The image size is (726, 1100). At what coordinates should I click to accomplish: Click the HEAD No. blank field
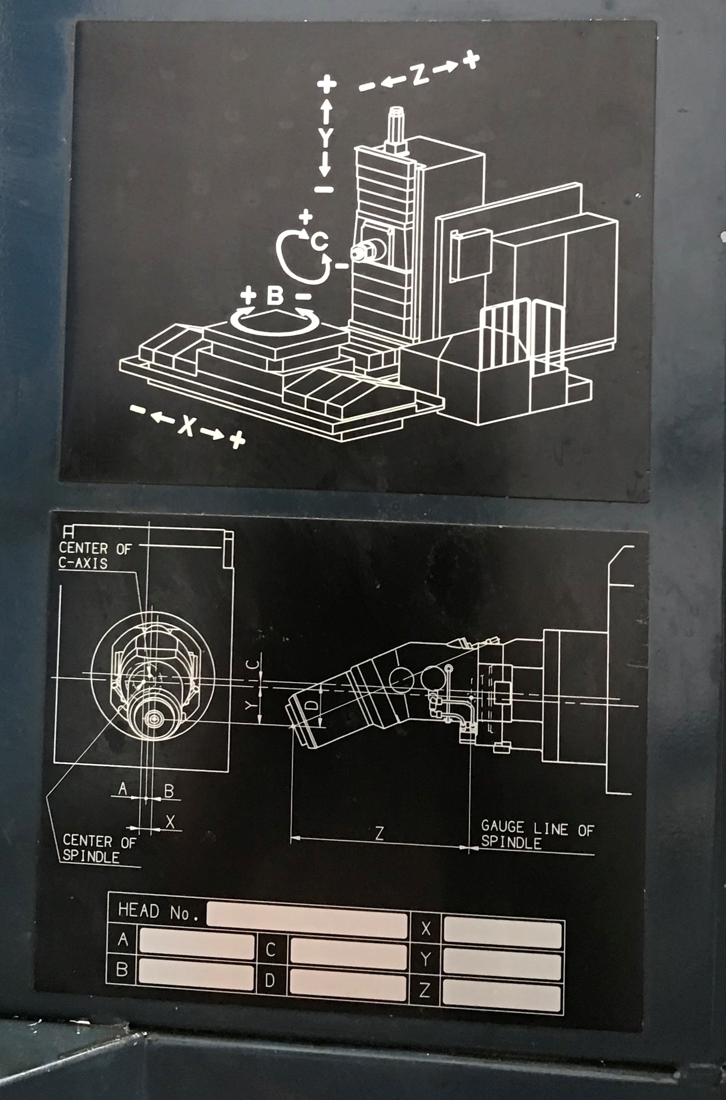coord(307,919)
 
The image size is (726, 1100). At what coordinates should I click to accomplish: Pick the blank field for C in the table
coord(349,954)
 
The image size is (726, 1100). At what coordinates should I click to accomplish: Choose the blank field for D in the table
coord(349,984)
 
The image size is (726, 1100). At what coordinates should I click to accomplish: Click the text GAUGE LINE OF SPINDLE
coord(537,835)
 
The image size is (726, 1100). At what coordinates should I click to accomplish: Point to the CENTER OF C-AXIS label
coord(95,555)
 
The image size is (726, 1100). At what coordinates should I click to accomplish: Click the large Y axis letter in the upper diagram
coord(325,137)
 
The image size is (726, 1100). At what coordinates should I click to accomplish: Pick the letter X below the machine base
coord(187,425)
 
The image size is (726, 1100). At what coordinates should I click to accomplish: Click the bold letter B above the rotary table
coord(275,296)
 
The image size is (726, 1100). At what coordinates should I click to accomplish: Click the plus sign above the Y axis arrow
coord(326,84)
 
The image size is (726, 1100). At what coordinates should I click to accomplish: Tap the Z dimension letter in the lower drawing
coord(379,834)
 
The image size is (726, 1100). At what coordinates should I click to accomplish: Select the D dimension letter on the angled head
coord(311,704)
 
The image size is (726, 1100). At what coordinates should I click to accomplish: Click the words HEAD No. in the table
coord(158,912)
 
